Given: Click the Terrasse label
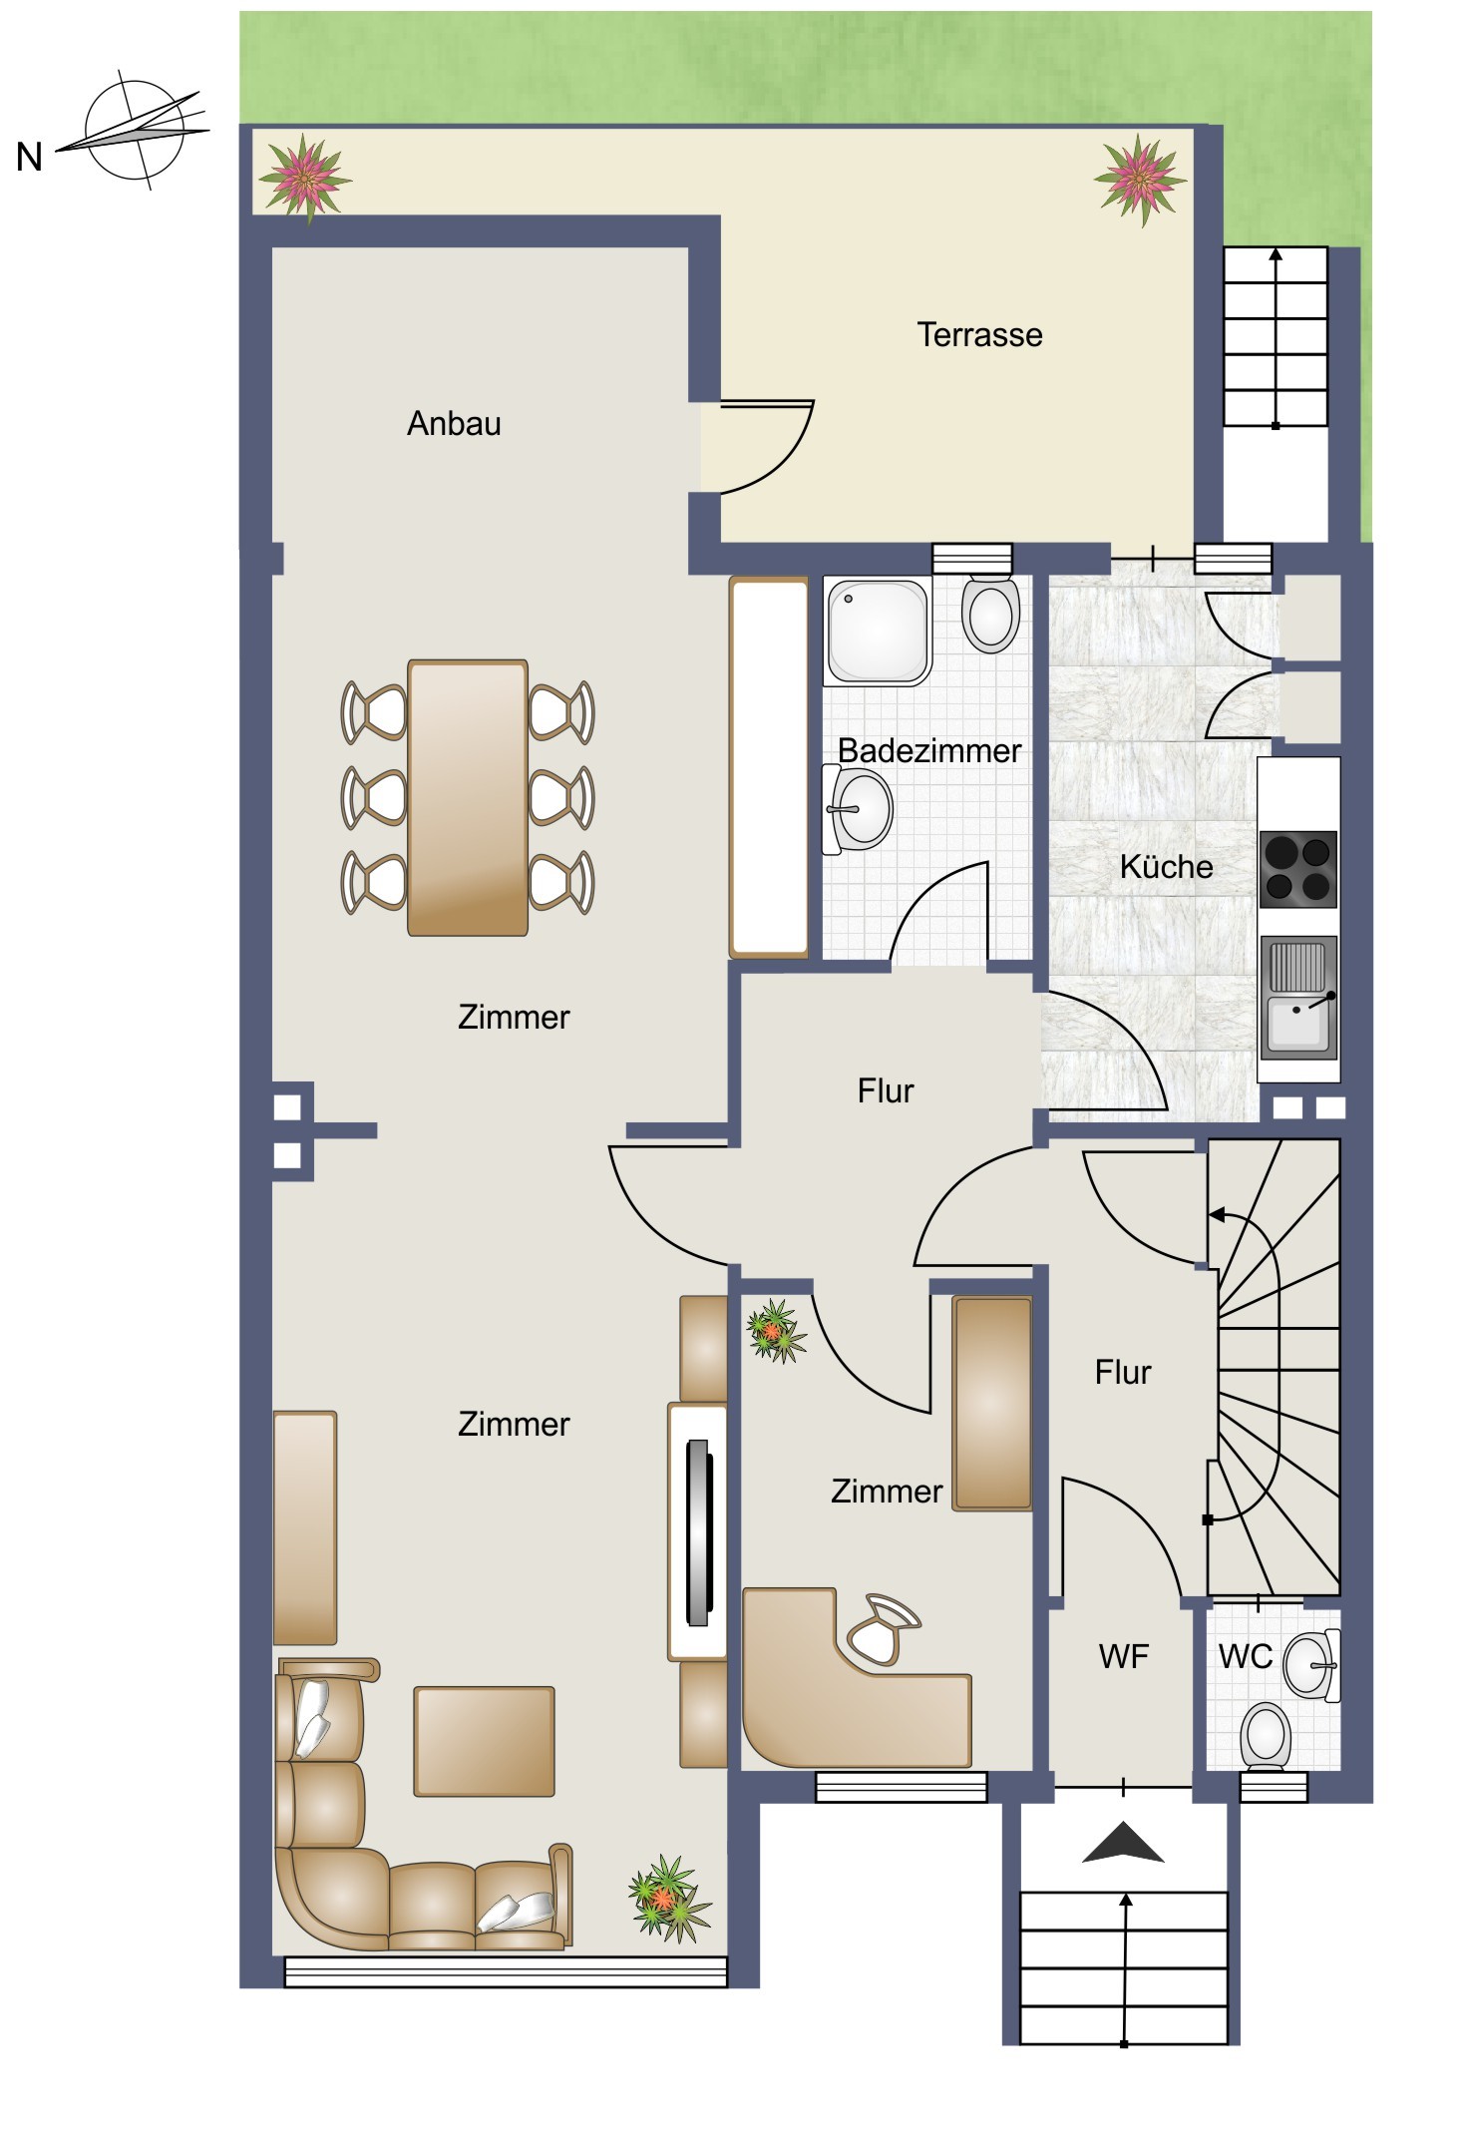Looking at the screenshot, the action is click(979, 334).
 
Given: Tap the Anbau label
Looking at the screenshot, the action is click(454, 423).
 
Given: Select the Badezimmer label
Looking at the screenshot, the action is click(929, 750).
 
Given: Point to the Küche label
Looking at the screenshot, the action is click(1166, 866).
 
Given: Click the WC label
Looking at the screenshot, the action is click(1246, 1656).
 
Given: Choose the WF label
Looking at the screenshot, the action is click(1123, 1656).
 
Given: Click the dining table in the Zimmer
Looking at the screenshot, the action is click(468, 797).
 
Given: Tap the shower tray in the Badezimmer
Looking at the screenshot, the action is click(878, 633).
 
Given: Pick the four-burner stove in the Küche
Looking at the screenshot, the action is click(1298, 869).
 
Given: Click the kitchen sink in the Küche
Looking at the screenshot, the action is click(1298, 997).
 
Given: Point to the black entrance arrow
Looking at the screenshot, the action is click(1123, 1843).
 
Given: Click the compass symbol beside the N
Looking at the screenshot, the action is click(135, 132).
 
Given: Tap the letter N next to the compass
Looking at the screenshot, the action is click(30, 158).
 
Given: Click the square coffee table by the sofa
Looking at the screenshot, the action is click(484, 1742).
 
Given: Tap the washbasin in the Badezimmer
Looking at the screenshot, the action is click(857, 809).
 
